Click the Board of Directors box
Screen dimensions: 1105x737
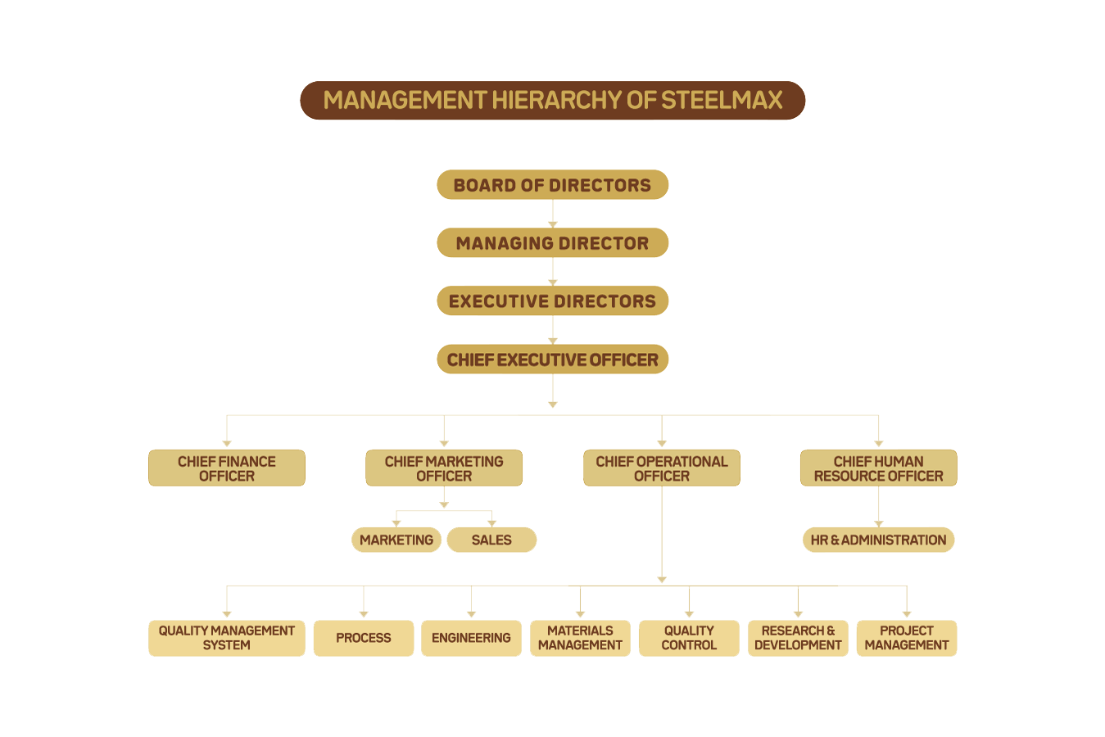click(x=552, y=184)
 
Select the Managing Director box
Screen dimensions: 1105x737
click(x=552, y=242)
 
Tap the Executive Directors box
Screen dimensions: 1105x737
click(x=552, y=301)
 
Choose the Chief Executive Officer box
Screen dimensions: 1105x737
click(x=552, y=359)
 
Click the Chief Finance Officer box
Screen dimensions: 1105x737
click(x=227, y=468)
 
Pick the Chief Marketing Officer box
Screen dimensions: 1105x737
click(x=444, y=468)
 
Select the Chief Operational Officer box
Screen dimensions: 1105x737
click(x=662, y=468)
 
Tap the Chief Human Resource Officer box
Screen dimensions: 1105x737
click(x=879, y=468)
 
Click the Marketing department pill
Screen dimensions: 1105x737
click(x=396, y=540)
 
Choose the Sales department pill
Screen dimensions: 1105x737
click(x=491, y=540)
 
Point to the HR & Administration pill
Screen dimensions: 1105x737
click(x=879, y=540)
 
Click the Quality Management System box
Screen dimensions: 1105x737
click(x=227, y=639)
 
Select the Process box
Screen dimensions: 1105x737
click(x=364, y=639)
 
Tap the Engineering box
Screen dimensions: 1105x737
click(x=471, y=639)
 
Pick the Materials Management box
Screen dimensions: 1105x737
click(x=580, y=639)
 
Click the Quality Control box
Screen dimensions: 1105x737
click(x=689, y=639)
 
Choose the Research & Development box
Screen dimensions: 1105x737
click(x=798, y=639)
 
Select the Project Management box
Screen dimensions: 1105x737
click(x=907, y=639)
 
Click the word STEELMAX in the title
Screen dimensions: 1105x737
click(x=722, y=100)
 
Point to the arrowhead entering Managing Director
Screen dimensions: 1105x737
click(x=552, y=225)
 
